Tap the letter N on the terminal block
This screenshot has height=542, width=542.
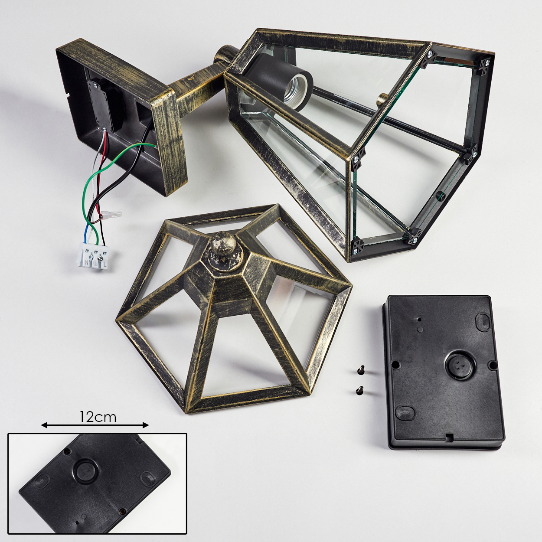coord(86,255)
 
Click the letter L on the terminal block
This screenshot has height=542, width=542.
coord(105,258)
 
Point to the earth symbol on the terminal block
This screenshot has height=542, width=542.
coord(95,257)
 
